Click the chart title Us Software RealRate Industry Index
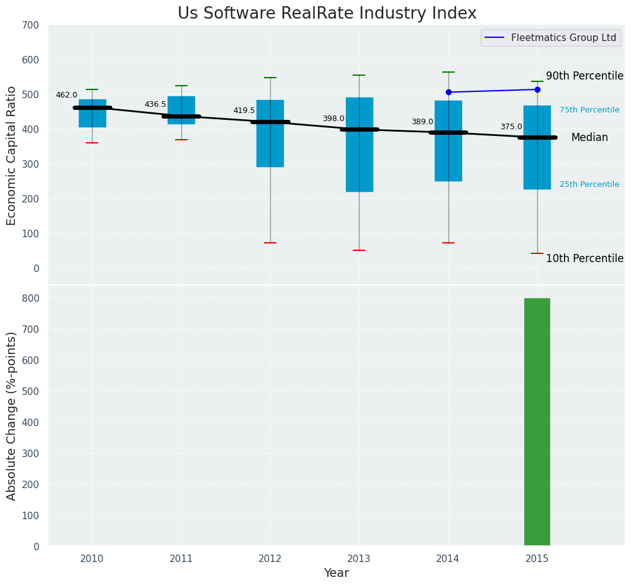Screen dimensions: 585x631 (x=327, y=14)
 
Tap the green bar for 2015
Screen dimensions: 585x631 (x=537, y=422)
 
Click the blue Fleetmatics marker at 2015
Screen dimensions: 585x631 (x=537, y=89)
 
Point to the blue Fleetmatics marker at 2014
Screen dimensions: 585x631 (x=448, y=92)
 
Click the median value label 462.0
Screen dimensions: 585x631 (x=66, y=95)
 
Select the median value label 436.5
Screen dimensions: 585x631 (x=155, y=104)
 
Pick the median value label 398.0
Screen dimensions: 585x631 (x=333, y=119)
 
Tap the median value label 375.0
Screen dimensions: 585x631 (x=511, y=127)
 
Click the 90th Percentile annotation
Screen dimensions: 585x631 (x=584, y=76)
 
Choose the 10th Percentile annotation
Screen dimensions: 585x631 (x=584, y=258)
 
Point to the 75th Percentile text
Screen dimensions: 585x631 (x=589, y=110)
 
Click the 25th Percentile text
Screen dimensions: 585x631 (x=589, y=184)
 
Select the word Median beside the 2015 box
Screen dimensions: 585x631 (x=589, y=138)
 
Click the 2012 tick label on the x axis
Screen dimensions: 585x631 (x=270, y=559)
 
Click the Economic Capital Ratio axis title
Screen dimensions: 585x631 (x=12, y=155)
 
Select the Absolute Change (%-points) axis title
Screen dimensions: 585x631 (x=12, y=415)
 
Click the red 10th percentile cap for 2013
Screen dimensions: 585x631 (x=359, y=250)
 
